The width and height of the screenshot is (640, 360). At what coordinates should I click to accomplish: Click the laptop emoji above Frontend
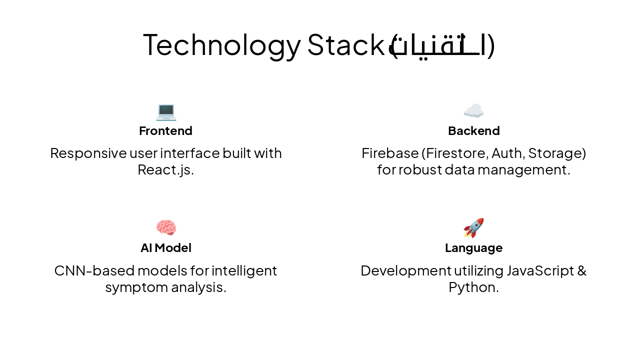tap(166, 111)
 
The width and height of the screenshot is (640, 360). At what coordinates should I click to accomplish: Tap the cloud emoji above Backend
tap(473, 110)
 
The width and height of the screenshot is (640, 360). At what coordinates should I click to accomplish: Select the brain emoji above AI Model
tap(166, 227)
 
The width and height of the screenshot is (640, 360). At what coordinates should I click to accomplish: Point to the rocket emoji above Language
tap(473, 228)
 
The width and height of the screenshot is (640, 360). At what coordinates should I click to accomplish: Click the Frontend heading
tap(165, 131)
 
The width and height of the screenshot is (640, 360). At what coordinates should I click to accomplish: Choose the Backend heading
tap(473, 131)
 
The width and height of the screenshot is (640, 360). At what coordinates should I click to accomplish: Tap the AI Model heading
tap(165, 248)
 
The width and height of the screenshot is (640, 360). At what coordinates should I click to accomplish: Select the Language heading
tap(473, 248)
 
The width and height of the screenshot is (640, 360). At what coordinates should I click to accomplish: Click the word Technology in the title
tap(222, 44)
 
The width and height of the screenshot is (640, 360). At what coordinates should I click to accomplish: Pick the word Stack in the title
tap(345, 44)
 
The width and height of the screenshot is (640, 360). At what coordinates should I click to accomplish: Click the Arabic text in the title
tap(442, 45)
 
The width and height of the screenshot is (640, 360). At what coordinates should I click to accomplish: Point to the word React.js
tap(165, 170)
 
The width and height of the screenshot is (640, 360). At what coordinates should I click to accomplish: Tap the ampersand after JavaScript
tap(581, 270)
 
